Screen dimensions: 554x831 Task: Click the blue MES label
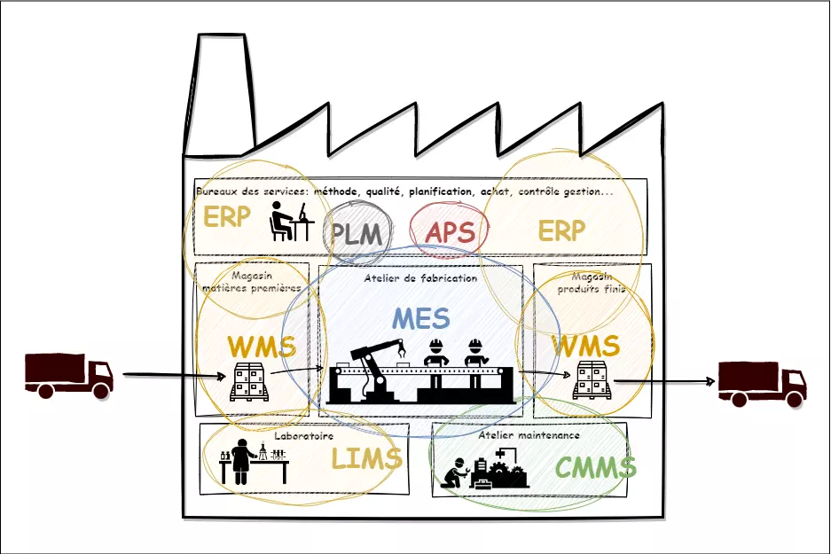[x=420, y=318]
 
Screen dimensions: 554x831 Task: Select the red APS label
[x=450, y=233]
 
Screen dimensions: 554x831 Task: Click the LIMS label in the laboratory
[x=366, y=459]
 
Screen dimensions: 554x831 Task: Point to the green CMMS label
[x=596, y=467]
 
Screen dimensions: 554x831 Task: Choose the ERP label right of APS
[x=561, y=231]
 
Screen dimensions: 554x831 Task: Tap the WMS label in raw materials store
[x=261, y=346]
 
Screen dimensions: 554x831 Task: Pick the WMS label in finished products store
[x=584, y=346]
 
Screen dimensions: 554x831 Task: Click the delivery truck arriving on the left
[x=68, y=375]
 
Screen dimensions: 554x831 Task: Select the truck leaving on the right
[x=762, y=383]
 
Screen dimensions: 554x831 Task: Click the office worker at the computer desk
[x=289, y=222]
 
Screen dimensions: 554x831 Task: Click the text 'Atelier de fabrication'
[x=420, y=278]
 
